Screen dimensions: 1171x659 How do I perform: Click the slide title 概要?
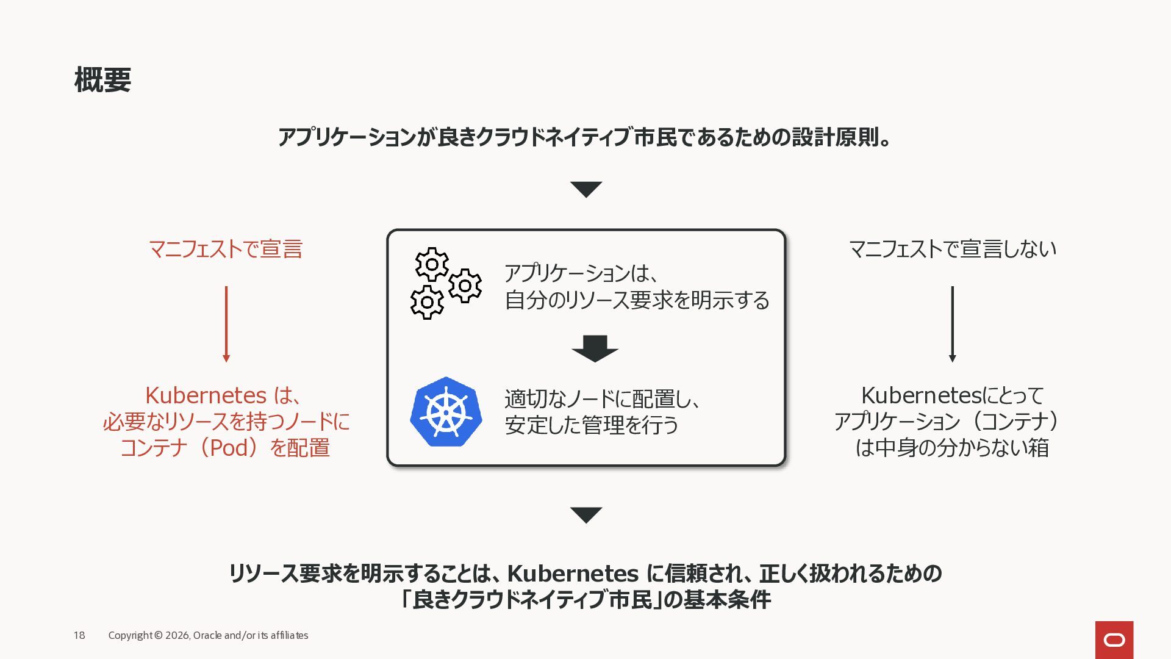click(x=102, y=80)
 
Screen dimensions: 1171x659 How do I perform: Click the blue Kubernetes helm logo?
click(x=446, y=412)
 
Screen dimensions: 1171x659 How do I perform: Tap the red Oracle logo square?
click(x=1114, y=639)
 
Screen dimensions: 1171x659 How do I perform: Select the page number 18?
click(x=79, y=635)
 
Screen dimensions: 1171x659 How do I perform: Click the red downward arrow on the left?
click(x=226, y=324)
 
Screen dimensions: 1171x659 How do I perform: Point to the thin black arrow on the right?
click(x=952, y=324)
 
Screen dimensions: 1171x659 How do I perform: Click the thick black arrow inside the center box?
click(x=595, y=348)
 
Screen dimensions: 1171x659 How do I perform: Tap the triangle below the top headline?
click(x=586, y=189)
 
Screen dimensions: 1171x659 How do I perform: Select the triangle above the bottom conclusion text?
click(x=586, y=514)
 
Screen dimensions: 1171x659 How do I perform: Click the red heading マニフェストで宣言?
click(x=226, y=249)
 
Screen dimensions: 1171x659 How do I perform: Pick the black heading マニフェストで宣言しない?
click(x=952, y=249)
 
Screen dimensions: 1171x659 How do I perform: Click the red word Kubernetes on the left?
click(x=206, y=395)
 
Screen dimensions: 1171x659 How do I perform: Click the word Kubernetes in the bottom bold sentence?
click(x=573, y=574)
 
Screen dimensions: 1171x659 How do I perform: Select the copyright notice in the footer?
click(x=208, y=635)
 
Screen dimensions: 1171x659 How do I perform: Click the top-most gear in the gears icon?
click(x=432, y=264)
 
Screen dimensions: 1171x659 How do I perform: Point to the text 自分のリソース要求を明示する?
click(x=637, y=300)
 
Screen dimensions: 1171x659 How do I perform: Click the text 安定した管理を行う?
click(x=591, y=425)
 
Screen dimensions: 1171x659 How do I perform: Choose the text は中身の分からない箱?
click(x=952, y=448)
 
